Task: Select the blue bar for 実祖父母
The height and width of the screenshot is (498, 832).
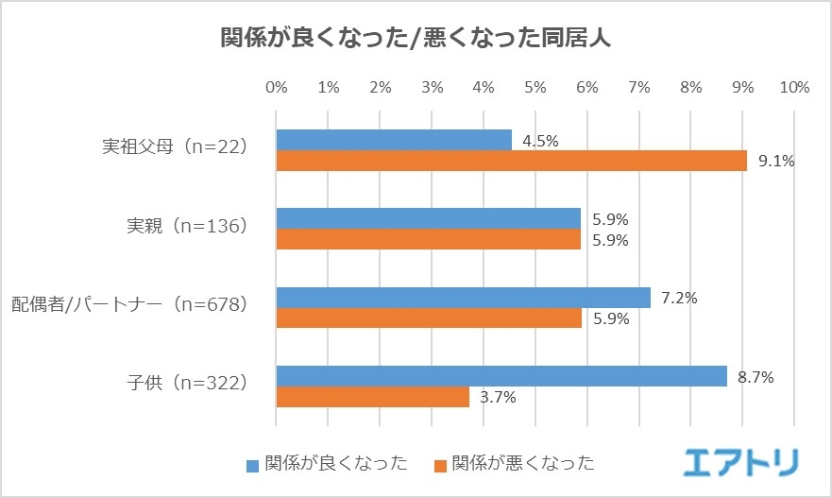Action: click(x=394, y=140)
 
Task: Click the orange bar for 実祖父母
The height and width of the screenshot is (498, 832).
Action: click(x=511, y=161)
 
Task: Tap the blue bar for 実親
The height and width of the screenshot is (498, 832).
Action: click(x=428, y=218)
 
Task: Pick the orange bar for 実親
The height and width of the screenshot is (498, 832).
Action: click(x=428, y=239)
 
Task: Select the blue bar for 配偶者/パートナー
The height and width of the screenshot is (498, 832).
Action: click(x=463, y=298)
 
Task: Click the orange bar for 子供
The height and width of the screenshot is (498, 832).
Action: click(x=372, y=398)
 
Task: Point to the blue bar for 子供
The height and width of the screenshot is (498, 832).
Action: click(x=501, y=377)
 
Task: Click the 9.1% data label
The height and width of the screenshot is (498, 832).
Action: click(x=775, y=161)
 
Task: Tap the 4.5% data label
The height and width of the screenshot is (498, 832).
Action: click(x=540, y=141)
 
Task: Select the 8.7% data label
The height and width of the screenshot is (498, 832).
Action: click(x=756, y=377)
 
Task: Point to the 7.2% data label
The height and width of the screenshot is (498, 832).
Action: click(x=679, y=298)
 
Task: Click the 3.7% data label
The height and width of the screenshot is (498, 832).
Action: click(x=497, y=398)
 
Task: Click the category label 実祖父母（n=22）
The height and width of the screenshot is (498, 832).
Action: click(x=175, y=148)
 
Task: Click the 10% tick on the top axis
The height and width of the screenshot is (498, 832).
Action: click(x=794, y=87)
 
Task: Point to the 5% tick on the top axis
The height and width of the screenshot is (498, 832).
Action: click(x=535, y=87)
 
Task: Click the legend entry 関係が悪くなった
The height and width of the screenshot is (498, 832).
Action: click(x=515, y=463)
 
